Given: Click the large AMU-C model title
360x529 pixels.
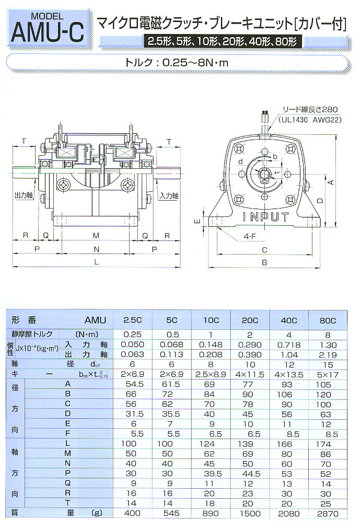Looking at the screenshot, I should click(47, 33).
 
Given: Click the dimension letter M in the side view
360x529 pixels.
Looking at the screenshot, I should click(96, 235).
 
